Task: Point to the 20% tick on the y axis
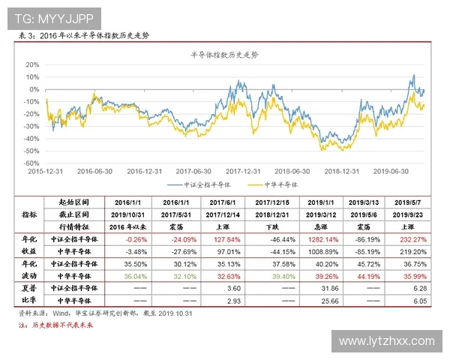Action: [31, 64]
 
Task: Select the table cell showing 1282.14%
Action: [322, 238]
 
